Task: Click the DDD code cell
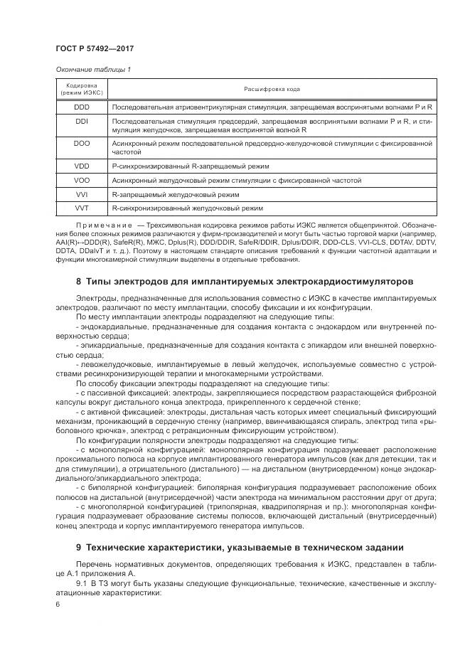click(x=82, y=107)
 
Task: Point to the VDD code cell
click(x=82, y=165)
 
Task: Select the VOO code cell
click(x=82, y=180)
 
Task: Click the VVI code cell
click(x=82, y=194)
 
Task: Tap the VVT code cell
click(x=82, y=208)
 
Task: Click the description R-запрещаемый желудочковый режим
click(x=175, y=194)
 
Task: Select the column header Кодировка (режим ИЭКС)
click(x=82, y=88)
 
